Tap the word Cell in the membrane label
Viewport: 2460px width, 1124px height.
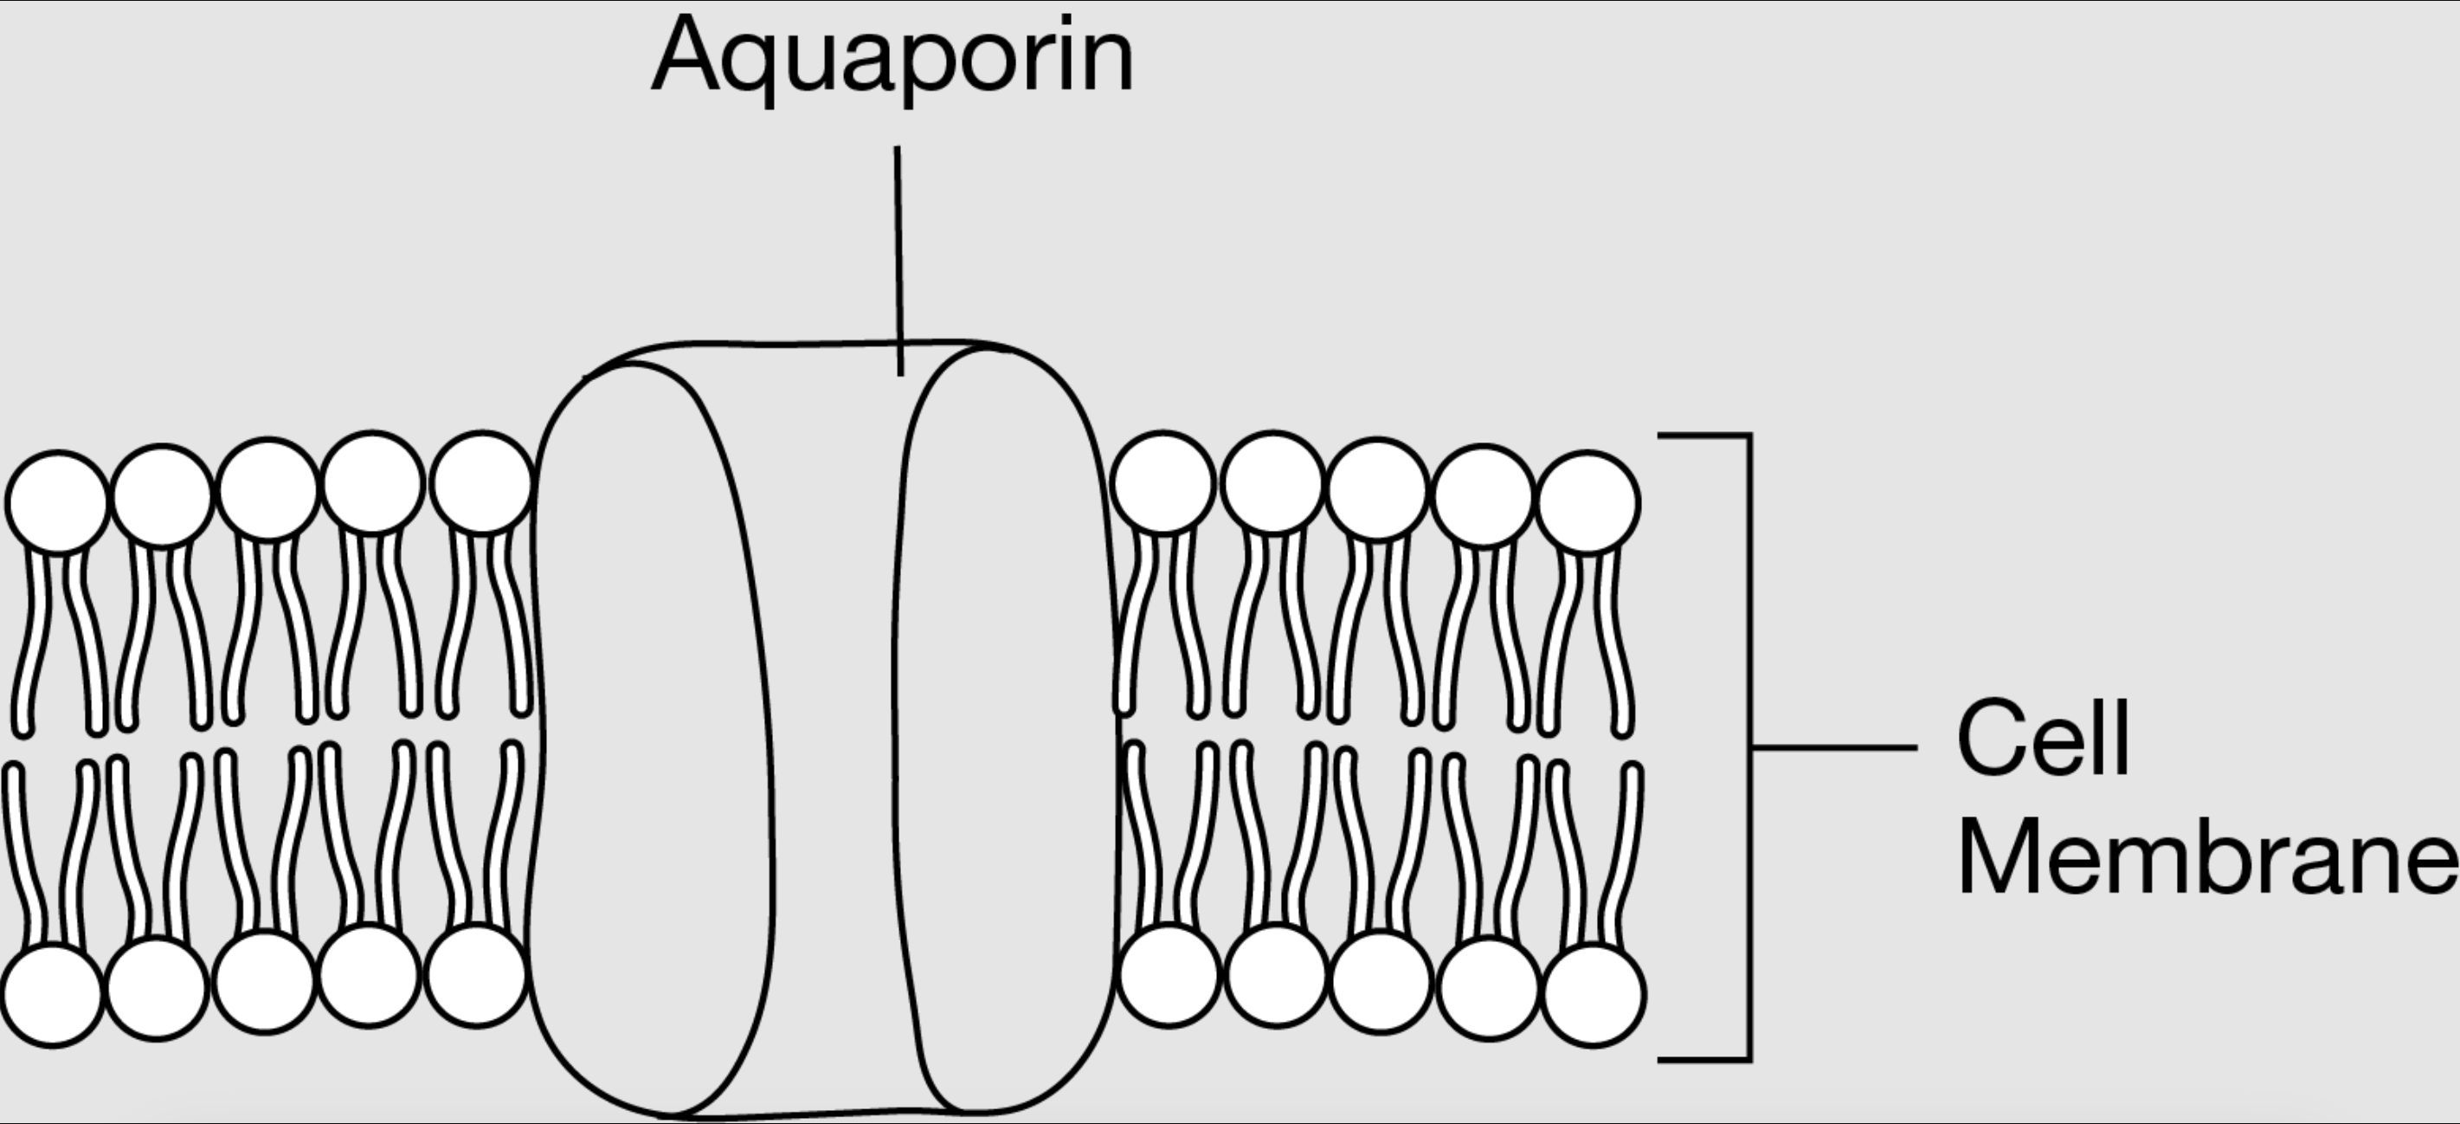point(2043,740)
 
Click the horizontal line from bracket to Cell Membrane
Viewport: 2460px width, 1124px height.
point(1833,746)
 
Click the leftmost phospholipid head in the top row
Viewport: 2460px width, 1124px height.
point(56,501)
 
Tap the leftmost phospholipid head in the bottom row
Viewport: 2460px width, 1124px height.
point(53,994)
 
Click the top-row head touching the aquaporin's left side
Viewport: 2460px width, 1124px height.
point(481,482)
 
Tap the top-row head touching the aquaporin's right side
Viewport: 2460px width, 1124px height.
point(1163,482)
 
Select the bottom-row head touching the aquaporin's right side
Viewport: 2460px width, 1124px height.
point(1169,975)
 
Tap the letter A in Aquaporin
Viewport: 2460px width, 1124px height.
point(686,55)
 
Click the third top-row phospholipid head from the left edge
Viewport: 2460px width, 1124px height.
point(268,488)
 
